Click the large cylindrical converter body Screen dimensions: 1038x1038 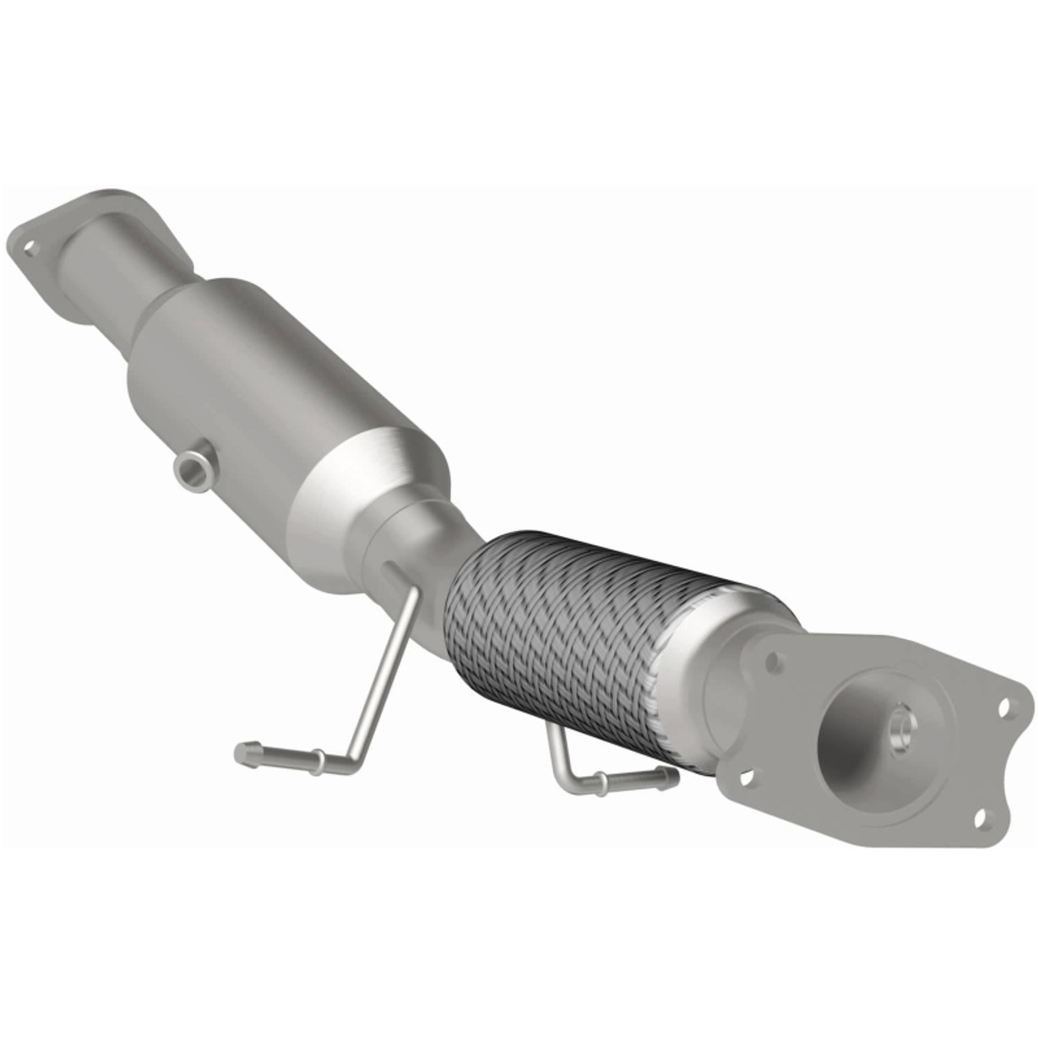click(268, 381)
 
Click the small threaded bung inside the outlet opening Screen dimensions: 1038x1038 click(898, 726)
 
